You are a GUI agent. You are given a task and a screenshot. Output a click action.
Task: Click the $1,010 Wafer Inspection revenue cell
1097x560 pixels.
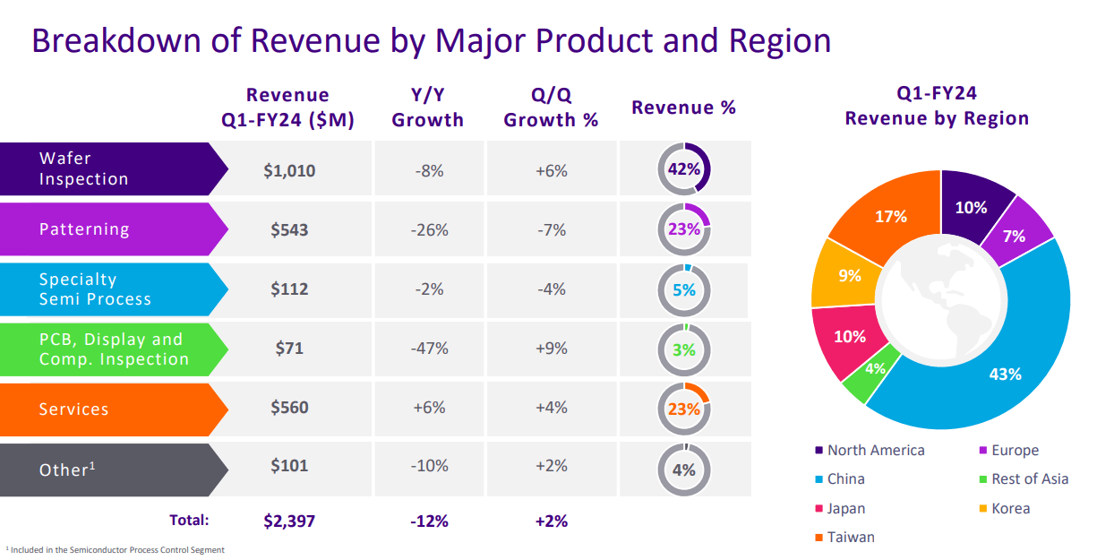click(289, 170)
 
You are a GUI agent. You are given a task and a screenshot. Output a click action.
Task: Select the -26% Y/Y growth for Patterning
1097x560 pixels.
click(429, 230)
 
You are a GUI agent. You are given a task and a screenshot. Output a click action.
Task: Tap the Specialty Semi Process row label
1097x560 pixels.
click(95, 289)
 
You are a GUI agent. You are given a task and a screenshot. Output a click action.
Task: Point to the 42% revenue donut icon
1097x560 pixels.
click(683, 169)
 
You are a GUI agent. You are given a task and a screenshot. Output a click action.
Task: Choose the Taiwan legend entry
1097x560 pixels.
click(850, 538)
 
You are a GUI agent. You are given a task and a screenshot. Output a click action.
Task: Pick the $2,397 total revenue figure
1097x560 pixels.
click(289, 521)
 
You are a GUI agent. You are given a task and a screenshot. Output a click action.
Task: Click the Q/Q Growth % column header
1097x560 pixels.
click(551, 108)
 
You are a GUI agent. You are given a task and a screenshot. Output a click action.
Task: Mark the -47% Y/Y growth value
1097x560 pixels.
click(429, 349)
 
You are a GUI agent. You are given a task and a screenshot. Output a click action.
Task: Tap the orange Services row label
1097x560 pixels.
click(74, 409)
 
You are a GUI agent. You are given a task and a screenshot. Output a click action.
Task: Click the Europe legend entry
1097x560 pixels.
click(1015, 451)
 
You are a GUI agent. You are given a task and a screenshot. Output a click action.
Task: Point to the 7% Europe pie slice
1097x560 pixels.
click(1014, 237)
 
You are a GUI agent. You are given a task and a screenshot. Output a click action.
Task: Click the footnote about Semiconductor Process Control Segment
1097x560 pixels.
click(116, 550)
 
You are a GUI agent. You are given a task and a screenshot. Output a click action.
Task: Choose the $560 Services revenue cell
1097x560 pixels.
click(289, 408)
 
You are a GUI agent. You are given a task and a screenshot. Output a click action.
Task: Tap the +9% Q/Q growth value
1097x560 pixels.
click(551, 349)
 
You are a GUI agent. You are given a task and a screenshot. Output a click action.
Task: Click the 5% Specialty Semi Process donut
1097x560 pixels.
click(683, 289)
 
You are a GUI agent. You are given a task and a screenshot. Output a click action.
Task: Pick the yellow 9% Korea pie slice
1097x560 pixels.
click(849, 277)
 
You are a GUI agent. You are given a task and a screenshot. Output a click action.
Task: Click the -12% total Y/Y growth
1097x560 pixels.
click(429, 521)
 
